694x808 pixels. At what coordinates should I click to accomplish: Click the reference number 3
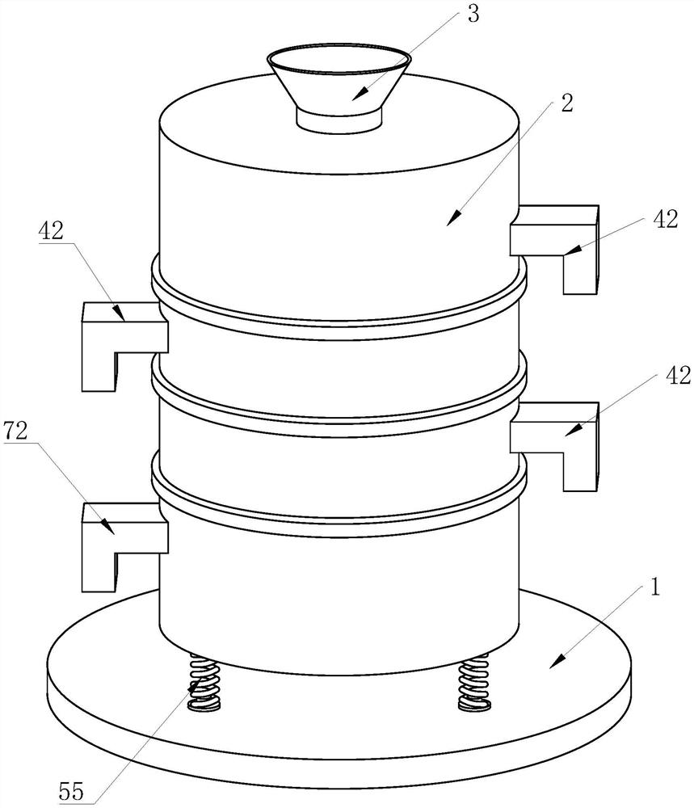[473, 14]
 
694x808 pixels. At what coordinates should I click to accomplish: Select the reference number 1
[654, 587]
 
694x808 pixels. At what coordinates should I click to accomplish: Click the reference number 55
[70, 791]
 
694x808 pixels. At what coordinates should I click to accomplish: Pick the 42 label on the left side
[50, 231]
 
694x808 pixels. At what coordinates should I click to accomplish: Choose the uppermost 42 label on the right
[665, 219]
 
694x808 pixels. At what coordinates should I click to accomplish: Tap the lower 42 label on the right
[678, 377]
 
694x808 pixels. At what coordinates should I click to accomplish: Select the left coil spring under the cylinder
[204, 682]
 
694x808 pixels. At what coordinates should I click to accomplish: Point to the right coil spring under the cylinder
[473, 682]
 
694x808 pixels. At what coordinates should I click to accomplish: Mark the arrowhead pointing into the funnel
[360, 95]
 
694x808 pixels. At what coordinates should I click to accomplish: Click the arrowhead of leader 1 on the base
[558, 662]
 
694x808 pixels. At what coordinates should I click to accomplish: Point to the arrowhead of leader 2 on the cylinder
[454, 218]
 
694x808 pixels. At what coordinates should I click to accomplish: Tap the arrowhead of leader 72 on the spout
[107, 527]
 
